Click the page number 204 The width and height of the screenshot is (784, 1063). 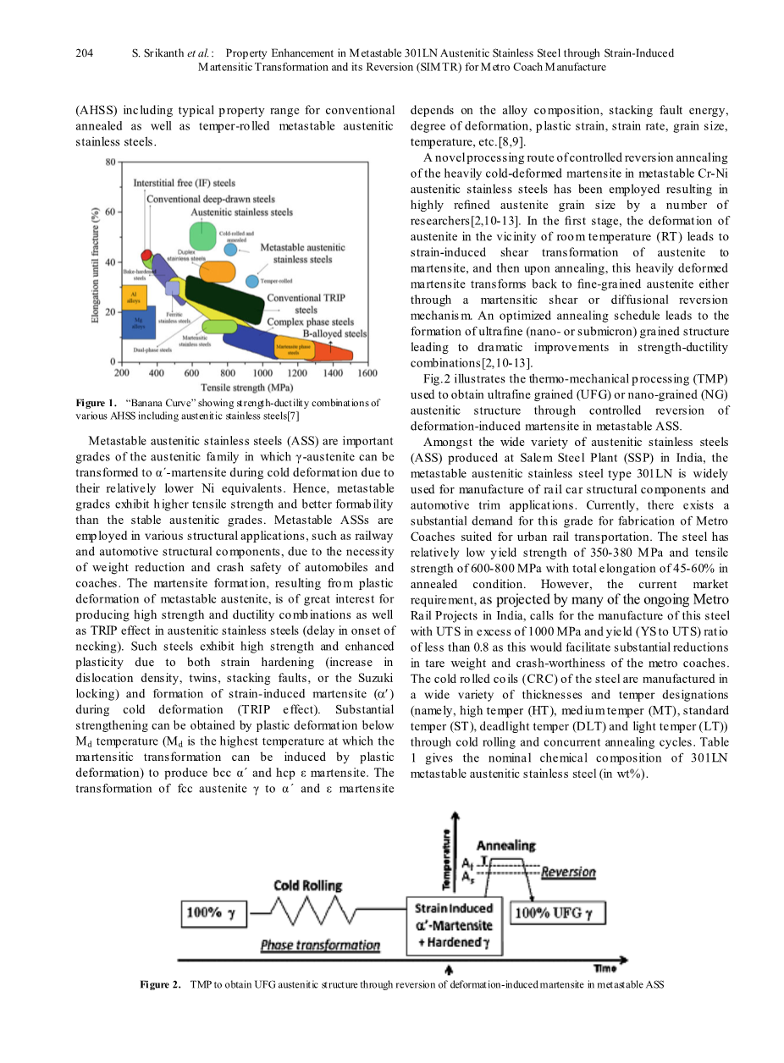pyautogui.click(x=84, y=53)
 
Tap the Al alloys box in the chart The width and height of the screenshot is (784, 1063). pyautogui.click(x=135, y=297)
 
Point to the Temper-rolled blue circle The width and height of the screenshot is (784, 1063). pyautogui.click(x=252, y=281)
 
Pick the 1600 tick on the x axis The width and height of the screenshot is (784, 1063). pyautogui.click(x=367, y=372)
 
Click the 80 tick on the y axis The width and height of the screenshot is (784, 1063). pyautogui.click(x=111, y=162)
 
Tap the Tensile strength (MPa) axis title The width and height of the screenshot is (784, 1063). pyautogui.click(x=246, y=388)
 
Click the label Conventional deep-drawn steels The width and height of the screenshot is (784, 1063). pyautogui.click(x=211, y=200)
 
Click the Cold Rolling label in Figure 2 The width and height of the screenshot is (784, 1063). pyautogui.click(x=307, y=885)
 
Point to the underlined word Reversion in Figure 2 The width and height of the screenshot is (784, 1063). pyautogui.click(x=568, y=872)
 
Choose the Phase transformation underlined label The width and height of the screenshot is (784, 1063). pyautogui.click(x=320, y=945)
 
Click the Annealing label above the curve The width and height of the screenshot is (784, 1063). pyautogui.click(x=505, y=845)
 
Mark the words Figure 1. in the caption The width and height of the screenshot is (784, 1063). pyautogui.click(x=95, y=403)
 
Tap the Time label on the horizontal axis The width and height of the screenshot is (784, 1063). pyautogui.click(x=605, y=968)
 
